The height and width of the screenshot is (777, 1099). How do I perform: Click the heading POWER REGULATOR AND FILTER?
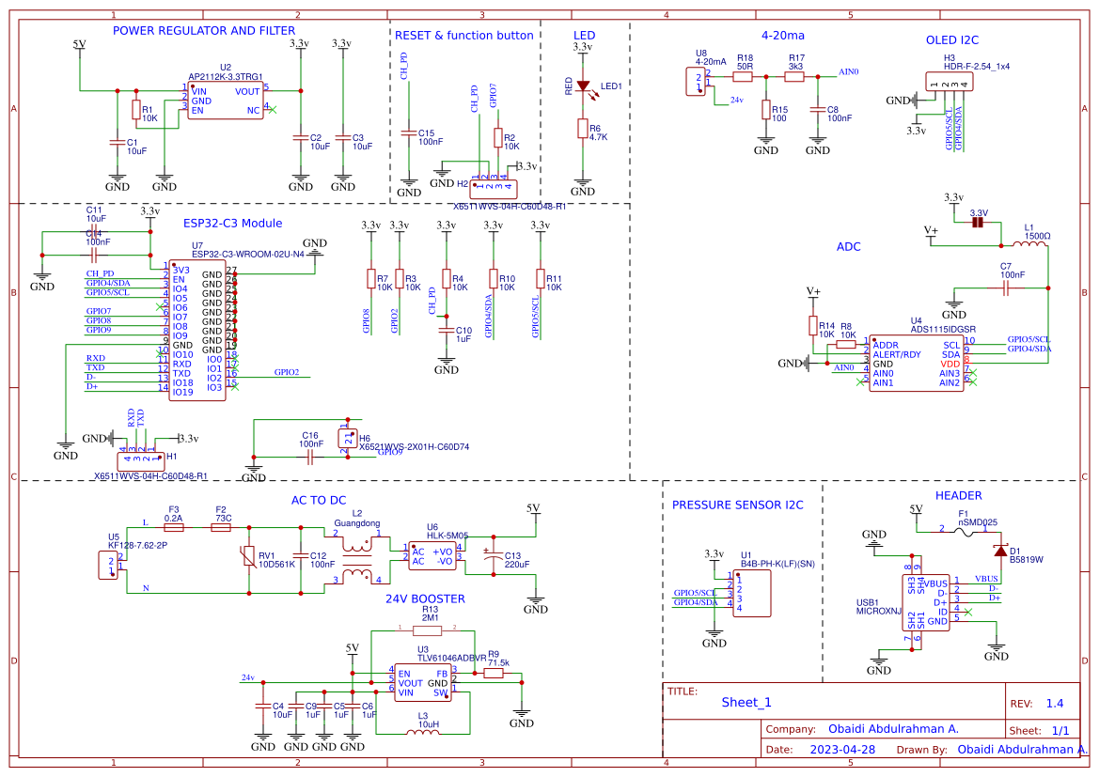204,31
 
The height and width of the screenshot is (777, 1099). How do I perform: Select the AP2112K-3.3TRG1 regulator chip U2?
226,101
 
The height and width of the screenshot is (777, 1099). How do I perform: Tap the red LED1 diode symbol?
583,86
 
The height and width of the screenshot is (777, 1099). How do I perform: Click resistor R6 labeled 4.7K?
583,130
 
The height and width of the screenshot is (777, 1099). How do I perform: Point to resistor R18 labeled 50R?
745,77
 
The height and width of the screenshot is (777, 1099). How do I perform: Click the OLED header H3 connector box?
950,82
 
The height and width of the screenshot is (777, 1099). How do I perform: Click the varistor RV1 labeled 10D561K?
249,556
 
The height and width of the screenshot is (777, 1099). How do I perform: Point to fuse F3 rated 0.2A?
174,528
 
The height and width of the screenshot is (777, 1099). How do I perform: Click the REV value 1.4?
1055,704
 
